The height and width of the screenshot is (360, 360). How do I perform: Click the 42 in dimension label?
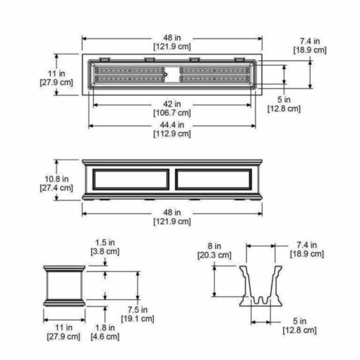[172, 104]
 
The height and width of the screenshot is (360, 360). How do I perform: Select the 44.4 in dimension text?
[172, 125]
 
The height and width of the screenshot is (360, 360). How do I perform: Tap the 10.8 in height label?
[56, 179]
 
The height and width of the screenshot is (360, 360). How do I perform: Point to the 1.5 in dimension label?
[105, 242]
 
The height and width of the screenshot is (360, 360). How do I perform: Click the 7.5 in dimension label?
[138, 310]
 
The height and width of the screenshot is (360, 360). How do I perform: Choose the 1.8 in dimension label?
[105, 328]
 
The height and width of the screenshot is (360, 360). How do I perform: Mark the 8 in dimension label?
[215, 246]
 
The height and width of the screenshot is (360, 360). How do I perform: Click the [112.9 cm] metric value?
[172, 134]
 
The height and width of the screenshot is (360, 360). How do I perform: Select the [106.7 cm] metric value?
[172, 113]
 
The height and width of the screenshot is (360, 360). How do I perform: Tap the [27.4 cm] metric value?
[56, 188]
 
